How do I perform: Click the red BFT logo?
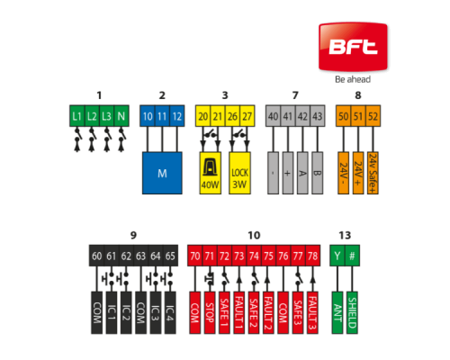353,47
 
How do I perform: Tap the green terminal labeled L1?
77,116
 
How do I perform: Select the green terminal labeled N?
121,116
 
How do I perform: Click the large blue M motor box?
162,173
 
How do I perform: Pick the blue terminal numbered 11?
162,116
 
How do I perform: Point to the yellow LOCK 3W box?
239,173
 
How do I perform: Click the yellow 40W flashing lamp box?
211,173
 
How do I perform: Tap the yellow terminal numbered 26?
232,116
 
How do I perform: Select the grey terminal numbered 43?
318,116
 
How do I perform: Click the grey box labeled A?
302,173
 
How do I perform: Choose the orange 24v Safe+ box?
373,173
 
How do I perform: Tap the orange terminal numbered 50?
344,116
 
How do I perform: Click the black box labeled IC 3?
156,312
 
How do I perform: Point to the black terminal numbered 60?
96,256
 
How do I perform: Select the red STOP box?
210,312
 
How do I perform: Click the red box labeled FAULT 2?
268,312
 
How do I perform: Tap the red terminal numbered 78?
312,256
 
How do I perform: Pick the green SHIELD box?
352,312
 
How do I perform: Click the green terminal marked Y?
337,256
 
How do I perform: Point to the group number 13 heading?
345,236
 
